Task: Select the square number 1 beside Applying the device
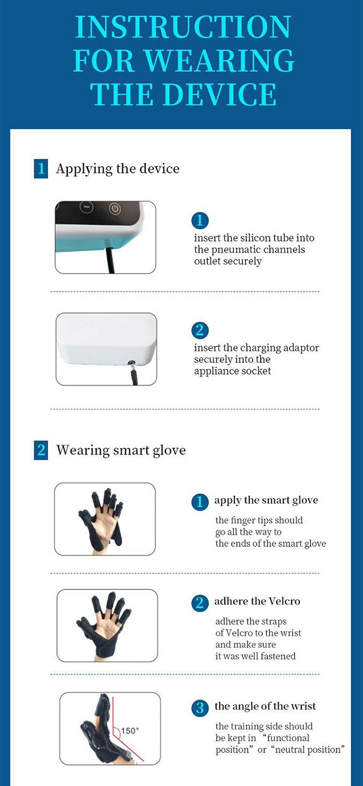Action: tap(41, 169)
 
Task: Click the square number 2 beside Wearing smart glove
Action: tap(41, 450)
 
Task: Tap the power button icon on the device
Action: tap(115, 209)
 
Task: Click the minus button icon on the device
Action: tap(86, 207)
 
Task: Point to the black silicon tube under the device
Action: tap(111, 260)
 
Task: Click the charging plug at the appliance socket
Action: tap(133, 372)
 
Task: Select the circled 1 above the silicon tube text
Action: tap(200, 220)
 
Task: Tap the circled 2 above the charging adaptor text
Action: tap(200, 330)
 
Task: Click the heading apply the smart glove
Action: tap(266, 501)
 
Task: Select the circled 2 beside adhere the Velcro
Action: tap(200, 603)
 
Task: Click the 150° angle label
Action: tap(130, 731)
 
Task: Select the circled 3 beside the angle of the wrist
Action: tap(200, 708)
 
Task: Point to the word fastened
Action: tap(277, 656)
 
